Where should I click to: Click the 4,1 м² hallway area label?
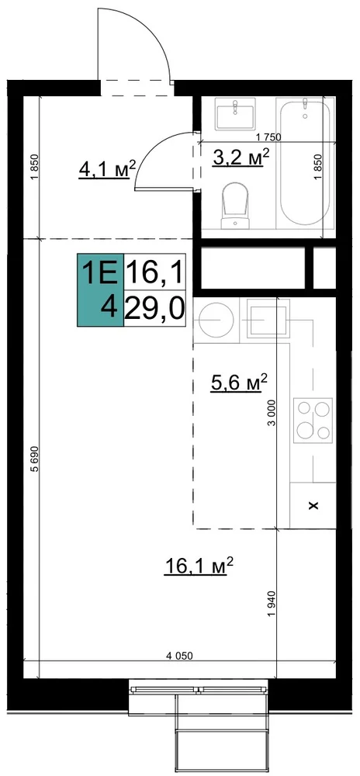(107, 169)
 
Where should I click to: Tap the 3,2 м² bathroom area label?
(241, 158)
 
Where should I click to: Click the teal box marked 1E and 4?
(100, 289)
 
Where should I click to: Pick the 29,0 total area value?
(154, 308)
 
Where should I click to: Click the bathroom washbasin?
(235, 113)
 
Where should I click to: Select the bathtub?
(305, 163)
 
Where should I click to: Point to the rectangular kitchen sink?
(268, 320)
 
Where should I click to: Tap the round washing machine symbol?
(216, 319)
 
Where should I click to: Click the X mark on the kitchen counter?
(313, 505)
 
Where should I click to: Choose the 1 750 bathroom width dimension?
(267, 138)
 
